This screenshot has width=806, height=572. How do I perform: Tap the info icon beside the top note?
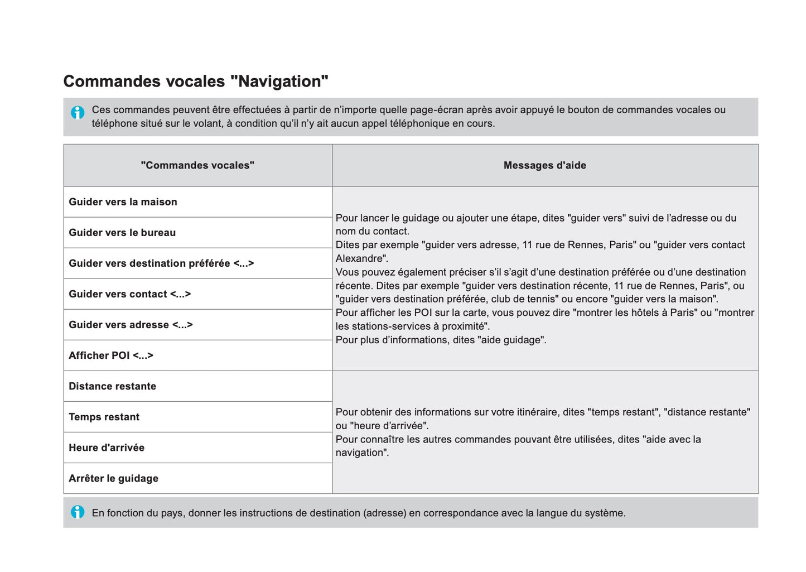(78, 112)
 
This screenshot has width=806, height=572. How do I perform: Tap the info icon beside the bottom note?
(78, 512)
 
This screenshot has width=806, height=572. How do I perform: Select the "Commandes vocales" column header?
(197, 165)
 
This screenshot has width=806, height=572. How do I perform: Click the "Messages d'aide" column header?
(544, 165)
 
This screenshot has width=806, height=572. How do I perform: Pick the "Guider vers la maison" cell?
(123, 202)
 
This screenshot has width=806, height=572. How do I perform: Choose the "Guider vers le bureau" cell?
(122, 233)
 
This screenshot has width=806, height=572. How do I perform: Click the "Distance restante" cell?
(112, 386)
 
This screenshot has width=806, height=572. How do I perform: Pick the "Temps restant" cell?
(104, 417)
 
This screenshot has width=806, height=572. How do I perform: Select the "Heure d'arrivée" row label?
(107, 448)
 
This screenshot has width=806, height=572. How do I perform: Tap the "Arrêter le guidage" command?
(113, 478)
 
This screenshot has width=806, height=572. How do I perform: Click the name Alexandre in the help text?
(360, 258)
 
